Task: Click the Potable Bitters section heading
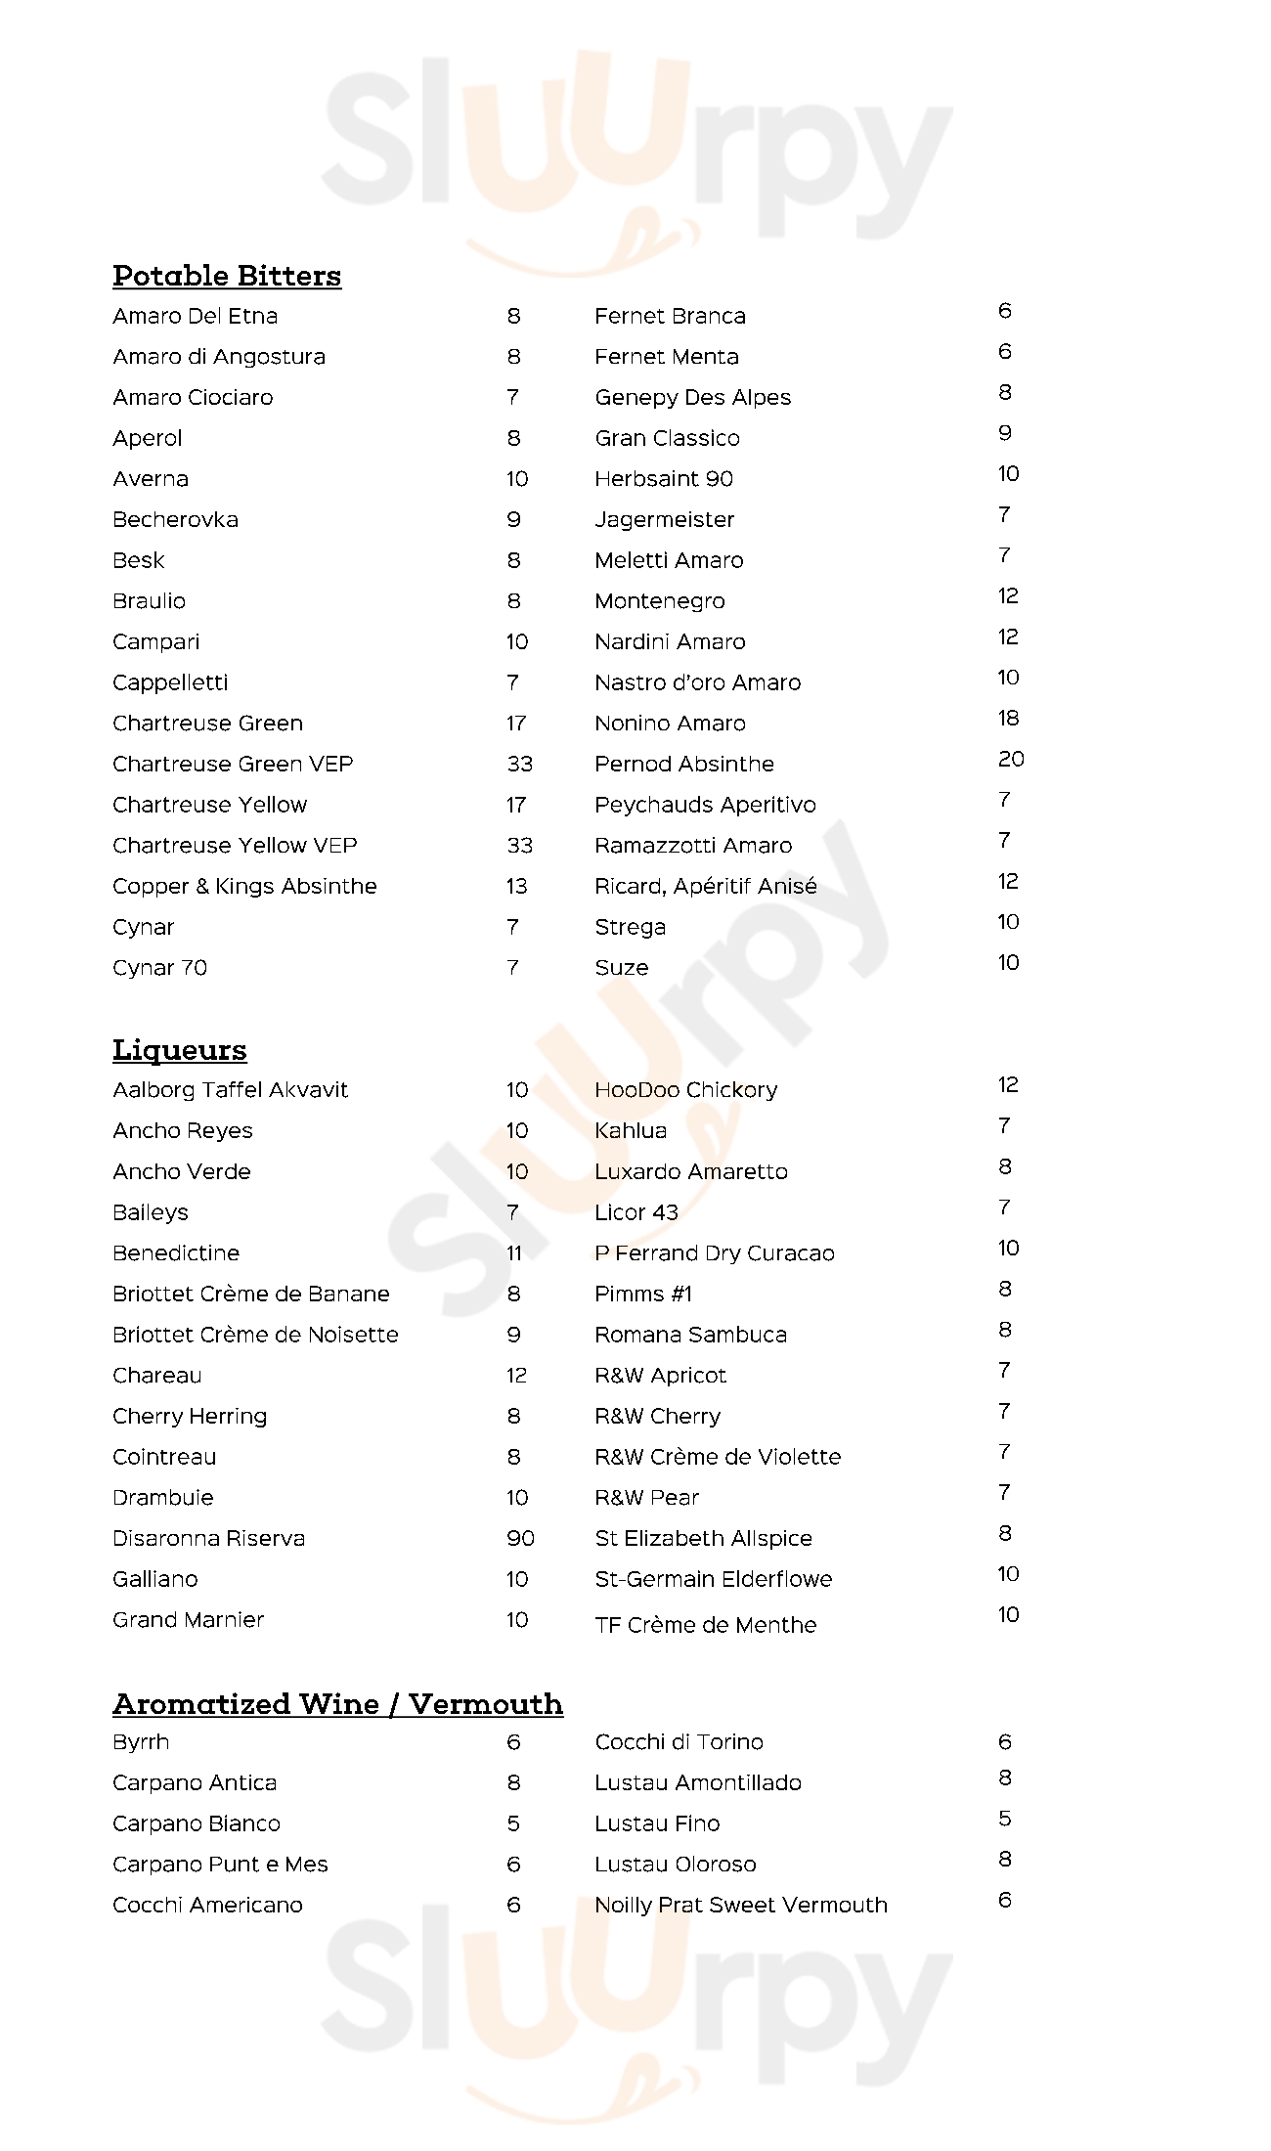pyautogui.click(x=227, y=276)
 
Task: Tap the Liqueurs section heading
pyautogui.click(x=180, y=1050)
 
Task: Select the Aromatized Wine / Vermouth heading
pyautogui.click(x=337, y=1704)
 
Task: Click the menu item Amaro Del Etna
pyautogui.click(x=196, y=316)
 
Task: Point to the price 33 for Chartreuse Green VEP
pyautogui.click(x=519, y=764)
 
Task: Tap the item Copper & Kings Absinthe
pyautogui.click(x=244, y=886)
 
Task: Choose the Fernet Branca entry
pyautogui.click(x=670, y=316)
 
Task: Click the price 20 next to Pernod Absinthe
pyautogui.click(x=1011, y=759)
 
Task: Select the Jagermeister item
pyautogui.click(x=664, y=519)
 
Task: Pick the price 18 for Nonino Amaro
pyautogui.click(x=1008, y=718)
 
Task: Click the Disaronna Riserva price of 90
pyautogui.click(x=520, y=1538)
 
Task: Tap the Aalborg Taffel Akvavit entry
pyautogui.click(x=230, y=1089)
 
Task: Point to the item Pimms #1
pyautogui.click(x=643, y=1294)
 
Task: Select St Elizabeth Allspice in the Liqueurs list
pyautogui.click(x=703, y=1538)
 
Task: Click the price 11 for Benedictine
pyautogui.click(x=514, y=1252)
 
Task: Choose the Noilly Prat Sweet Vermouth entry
pyautogui.click(x=741, y=1905)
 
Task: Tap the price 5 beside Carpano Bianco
pyautogui.click(x=513, y=1823)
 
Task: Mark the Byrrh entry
pyautogui.click(x=141, y=1741)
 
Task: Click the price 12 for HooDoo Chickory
pyautogui.click(x=1008, y=1084)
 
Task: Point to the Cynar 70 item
pyautogui.click(x=159, y=967)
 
